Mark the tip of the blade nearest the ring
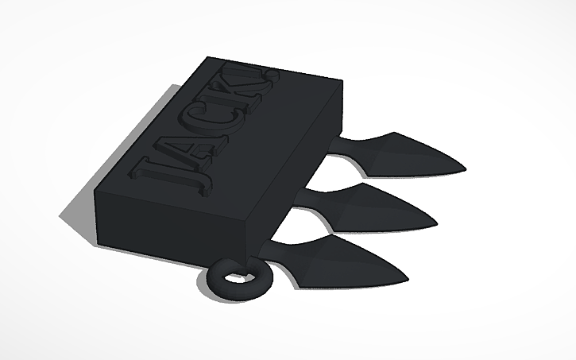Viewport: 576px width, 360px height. tap(408, 279)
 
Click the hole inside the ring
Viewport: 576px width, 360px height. tap(236, 278)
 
